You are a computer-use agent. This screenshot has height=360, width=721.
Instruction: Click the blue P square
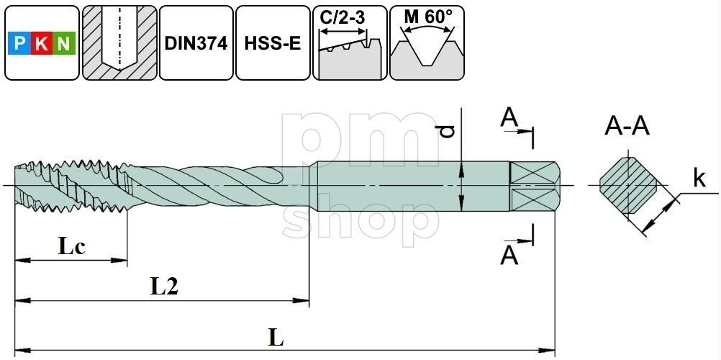point(19,43)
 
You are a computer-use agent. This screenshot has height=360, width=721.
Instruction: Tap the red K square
point(42,43)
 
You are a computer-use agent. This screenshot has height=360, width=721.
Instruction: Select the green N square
point(64,43)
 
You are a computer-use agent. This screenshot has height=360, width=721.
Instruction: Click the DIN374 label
point(196,43)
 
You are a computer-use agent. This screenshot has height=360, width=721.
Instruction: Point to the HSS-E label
point(273,44)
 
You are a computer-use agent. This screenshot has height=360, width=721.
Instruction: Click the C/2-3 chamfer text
point(343,17)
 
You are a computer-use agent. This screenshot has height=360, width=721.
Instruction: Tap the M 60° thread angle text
point(427,17)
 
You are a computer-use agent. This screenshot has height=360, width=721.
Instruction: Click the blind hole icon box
point(119,42)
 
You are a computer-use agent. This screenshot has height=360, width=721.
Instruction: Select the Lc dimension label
point(72,247)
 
